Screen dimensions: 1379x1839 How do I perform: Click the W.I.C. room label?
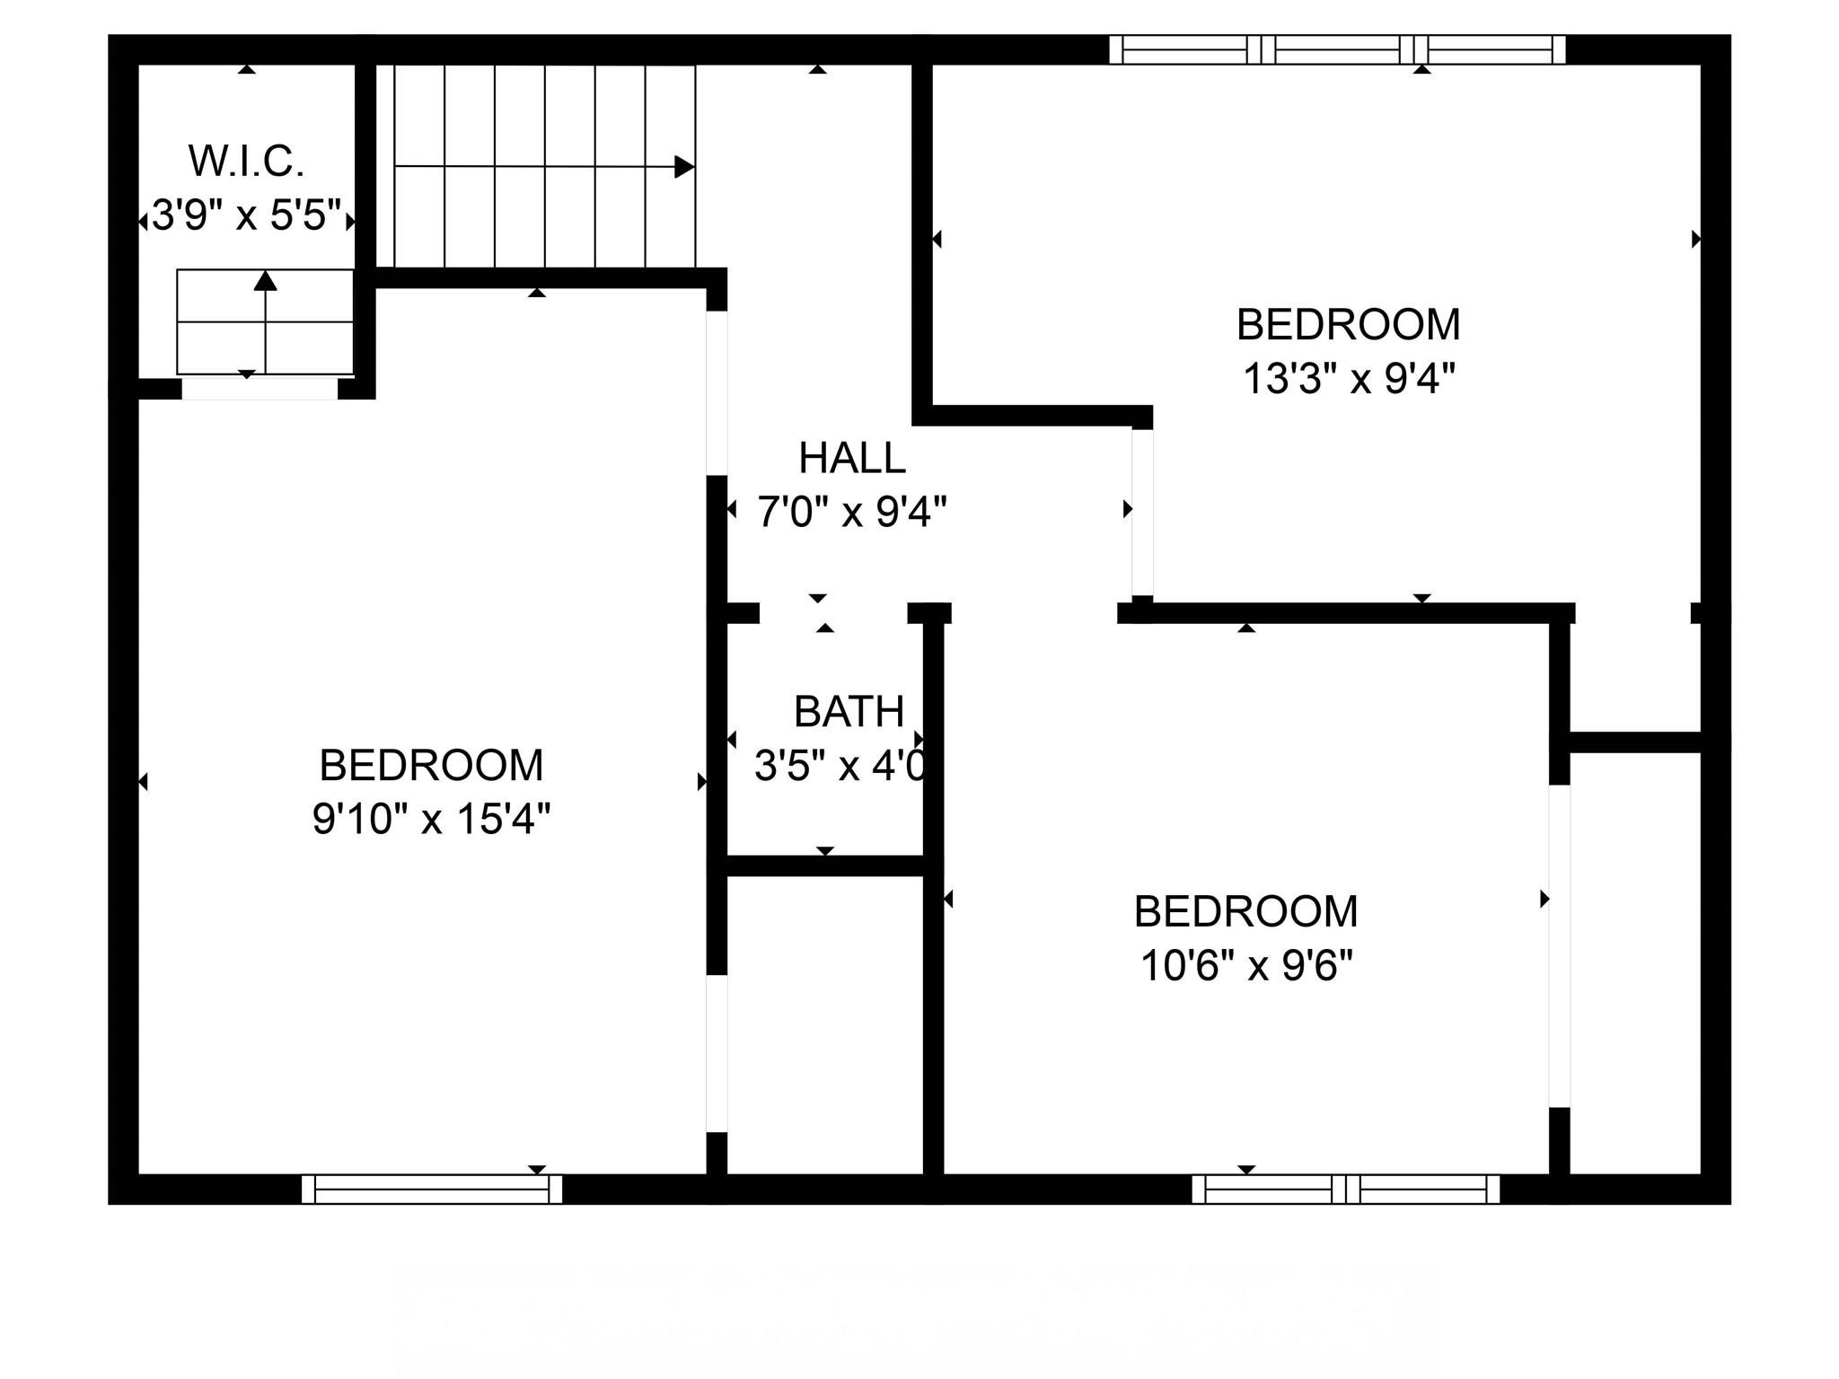246,161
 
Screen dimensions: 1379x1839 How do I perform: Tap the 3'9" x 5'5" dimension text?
246,216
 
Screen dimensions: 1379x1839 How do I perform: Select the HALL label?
851,459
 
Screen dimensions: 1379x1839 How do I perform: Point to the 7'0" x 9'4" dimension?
851,513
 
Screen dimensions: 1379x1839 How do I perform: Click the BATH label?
849,712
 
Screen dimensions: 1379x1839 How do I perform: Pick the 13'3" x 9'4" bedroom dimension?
1348,379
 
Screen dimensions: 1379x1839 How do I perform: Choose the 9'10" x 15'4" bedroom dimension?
431,819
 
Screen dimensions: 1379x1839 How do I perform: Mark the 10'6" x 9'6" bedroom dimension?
1245,967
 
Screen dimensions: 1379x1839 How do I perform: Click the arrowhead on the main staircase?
684,167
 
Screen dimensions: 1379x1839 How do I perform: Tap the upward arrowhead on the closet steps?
265,280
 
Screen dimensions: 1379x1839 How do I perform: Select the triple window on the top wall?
1337,49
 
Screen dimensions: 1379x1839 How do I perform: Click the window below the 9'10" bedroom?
431,1189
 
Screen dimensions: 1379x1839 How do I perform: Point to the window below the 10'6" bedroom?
1345,1189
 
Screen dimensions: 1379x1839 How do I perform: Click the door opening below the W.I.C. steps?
260,389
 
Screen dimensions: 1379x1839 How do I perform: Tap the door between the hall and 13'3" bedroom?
1141,512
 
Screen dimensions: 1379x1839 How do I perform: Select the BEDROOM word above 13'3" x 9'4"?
1348,325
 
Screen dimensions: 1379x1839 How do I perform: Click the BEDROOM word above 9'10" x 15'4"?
431,766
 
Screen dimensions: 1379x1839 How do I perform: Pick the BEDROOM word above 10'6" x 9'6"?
1245,912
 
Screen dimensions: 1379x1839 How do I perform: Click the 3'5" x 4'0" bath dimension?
840,767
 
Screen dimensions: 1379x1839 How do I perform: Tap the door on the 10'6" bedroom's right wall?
1560,945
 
